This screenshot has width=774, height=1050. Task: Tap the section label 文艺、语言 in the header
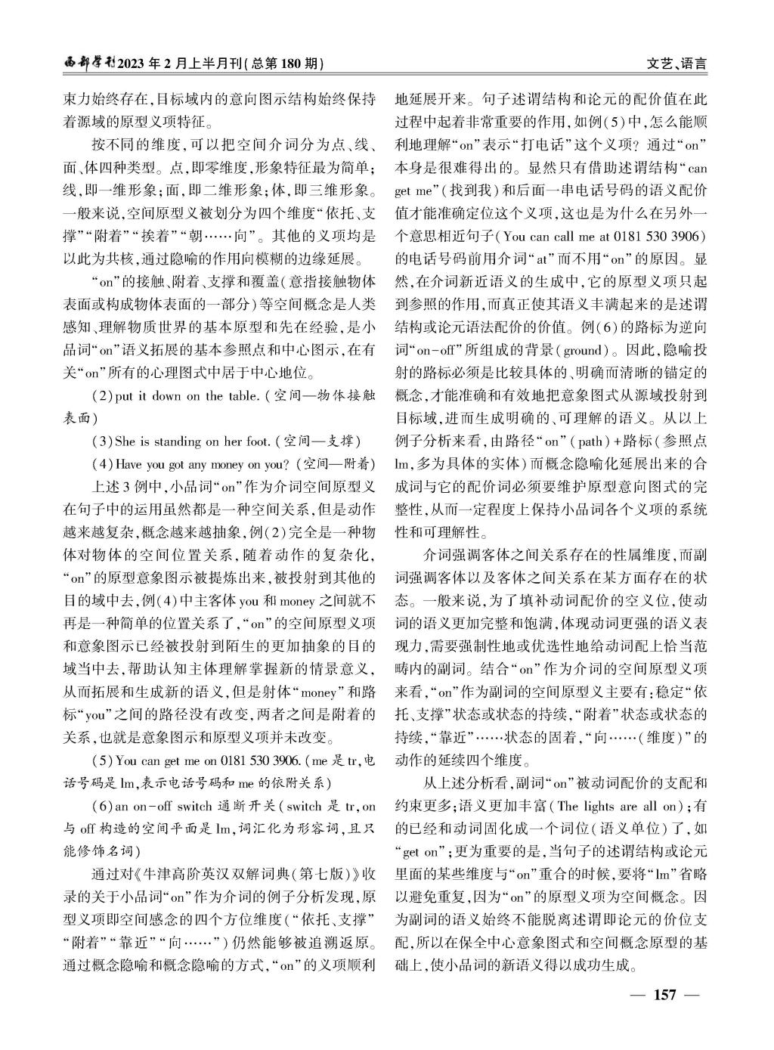[x=677, y=63]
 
